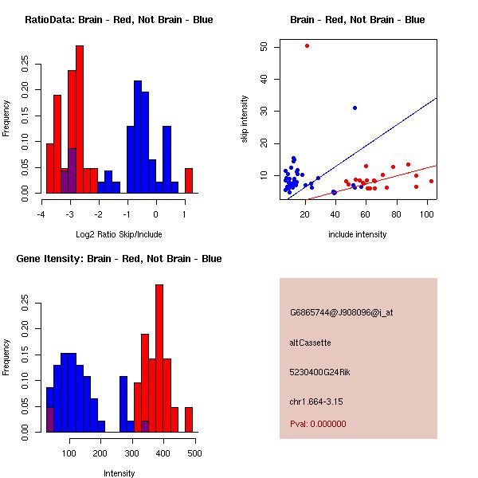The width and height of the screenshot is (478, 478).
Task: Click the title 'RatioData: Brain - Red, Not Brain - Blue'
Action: [119, 20]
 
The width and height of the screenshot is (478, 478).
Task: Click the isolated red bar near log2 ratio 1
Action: [189, 180]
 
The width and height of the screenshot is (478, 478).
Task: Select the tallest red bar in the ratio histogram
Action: [80, 119]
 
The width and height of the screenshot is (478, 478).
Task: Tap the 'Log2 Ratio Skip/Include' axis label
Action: [119, 235]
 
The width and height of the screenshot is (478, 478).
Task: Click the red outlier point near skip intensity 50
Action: [307, 45]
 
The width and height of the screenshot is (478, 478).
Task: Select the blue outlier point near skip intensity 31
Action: [355, 108]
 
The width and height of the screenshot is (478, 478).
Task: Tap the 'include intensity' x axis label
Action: [357, 235]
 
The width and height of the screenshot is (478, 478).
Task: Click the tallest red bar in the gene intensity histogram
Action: [159, 358]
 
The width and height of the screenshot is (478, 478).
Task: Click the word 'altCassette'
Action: [310, 343]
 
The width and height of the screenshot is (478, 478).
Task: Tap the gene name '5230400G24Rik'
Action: [319, 372]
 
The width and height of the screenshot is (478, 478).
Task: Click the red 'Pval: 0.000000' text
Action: [318, 424]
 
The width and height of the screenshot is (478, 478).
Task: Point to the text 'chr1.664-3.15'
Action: [315, 401]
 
